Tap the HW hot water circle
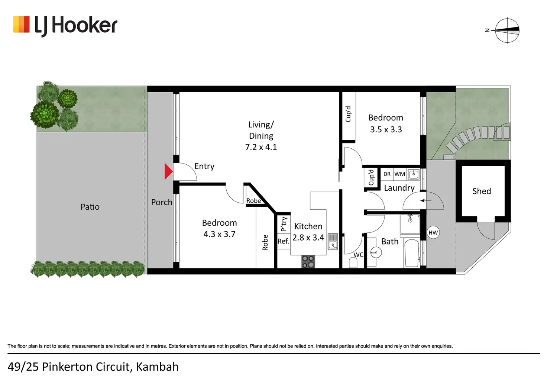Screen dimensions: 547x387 [x=433, y=233]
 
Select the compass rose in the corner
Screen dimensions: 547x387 [x=507, y=30]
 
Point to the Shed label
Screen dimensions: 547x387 [x=482, y=191]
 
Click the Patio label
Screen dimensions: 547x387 [x=90, y=207]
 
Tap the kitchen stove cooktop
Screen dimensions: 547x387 [x=308, y=261]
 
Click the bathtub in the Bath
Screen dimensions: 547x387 [x=412, y=253]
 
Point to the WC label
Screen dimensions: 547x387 [x=358, y=255]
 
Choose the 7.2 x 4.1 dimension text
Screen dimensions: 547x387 [x=261, y=147]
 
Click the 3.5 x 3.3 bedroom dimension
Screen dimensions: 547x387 [x=386, y=129]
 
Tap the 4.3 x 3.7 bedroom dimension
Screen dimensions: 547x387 [x=219, y=234]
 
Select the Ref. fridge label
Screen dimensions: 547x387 [x=283, y=241]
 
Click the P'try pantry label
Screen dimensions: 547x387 [x=284, y=224]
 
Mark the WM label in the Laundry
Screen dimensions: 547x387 [x=400, y=174]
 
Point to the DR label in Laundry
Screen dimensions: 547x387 [x=387, y=174]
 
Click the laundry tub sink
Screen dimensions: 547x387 [x=414, y=174]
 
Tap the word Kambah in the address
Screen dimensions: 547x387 [x=157, y=367]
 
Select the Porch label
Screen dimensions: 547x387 [x=162, y=202]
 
